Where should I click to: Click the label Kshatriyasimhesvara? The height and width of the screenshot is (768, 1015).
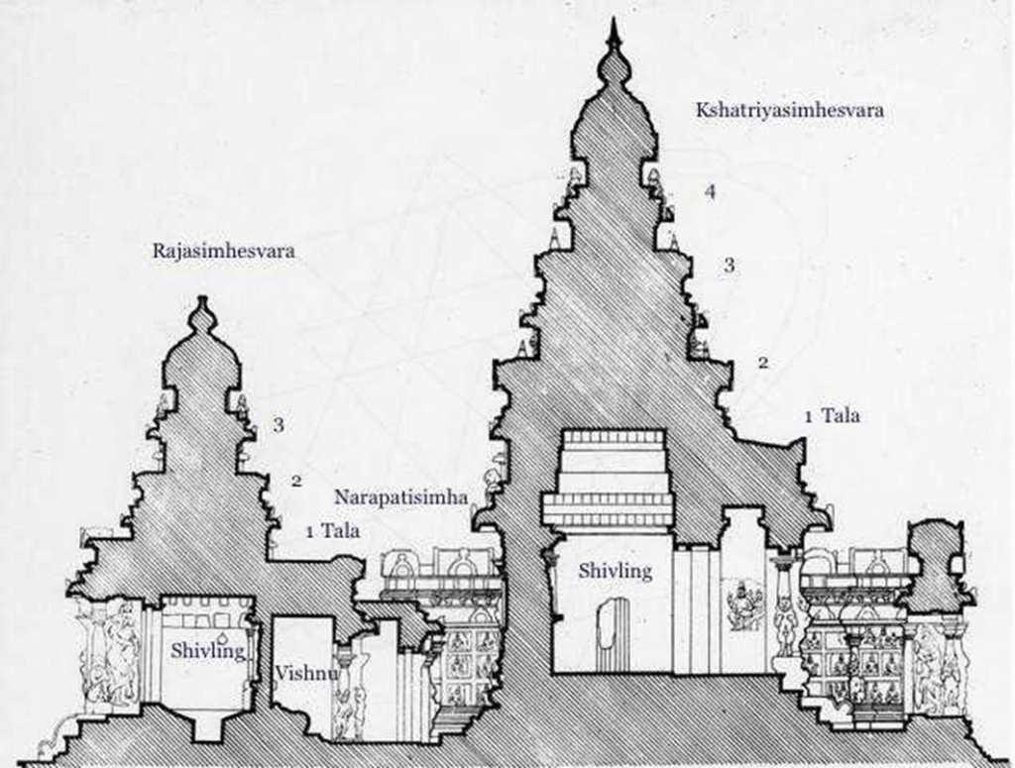(x=788, y=111)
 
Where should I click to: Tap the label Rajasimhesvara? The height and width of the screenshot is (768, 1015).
(x=223, y=252)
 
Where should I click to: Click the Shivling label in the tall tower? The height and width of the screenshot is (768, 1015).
(x=615, y=570)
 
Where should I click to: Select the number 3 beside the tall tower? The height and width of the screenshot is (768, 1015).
(x=729, y=266)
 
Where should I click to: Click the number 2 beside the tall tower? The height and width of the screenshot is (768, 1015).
(x=762, y=363)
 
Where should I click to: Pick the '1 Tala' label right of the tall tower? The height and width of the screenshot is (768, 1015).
(x=832, y=416)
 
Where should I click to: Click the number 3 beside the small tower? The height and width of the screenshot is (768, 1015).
(x=280, y=425)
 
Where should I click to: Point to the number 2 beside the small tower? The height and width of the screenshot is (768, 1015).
(x=295, y=481)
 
